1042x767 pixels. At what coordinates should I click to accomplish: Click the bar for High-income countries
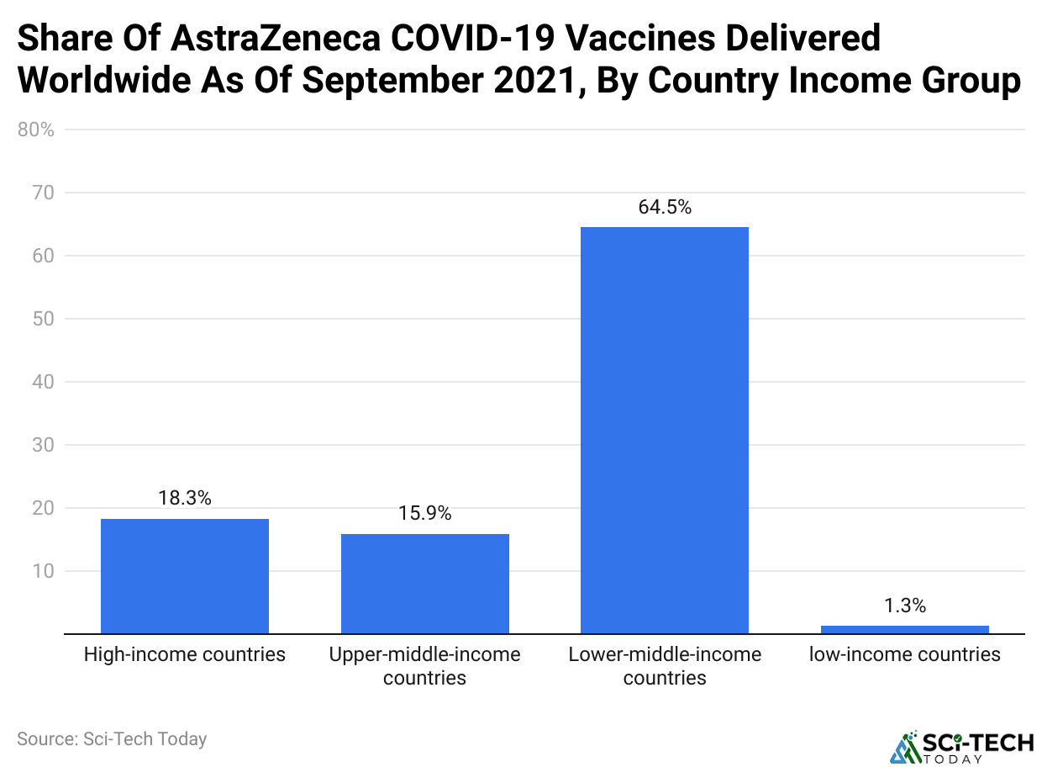(185, 576)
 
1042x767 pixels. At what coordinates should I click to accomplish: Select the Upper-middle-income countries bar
(424, 584)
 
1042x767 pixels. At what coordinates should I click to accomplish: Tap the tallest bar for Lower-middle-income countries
(665, 430)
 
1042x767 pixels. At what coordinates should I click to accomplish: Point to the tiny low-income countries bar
(904, 629)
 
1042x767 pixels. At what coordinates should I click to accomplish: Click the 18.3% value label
(185, 498)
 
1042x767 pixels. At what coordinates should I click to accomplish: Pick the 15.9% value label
(424, 513)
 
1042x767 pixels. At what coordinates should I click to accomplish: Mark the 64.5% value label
(665, 207)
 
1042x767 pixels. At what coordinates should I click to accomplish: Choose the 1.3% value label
(904, 606)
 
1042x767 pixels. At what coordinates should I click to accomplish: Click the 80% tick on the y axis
(35, 130)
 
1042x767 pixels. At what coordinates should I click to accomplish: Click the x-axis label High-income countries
(185, 654)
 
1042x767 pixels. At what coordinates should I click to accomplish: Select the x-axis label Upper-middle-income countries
(424, 665)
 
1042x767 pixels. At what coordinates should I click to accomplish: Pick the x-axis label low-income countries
(904, 654)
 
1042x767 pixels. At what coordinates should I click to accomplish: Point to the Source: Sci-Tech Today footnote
(112, 739)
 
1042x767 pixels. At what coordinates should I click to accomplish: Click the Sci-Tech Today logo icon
(903, 747)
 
